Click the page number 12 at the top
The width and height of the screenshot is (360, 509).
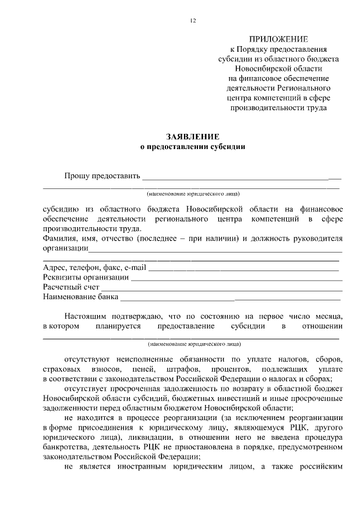pyautogui.click(x=193, y=21)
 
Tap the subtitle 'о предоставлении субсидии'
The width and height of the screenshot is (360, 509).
pyautogui.click(x=192, y=147)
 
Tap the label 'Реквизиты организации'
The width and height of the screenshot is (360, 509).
pyautogui.click(x=85, y=277)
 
